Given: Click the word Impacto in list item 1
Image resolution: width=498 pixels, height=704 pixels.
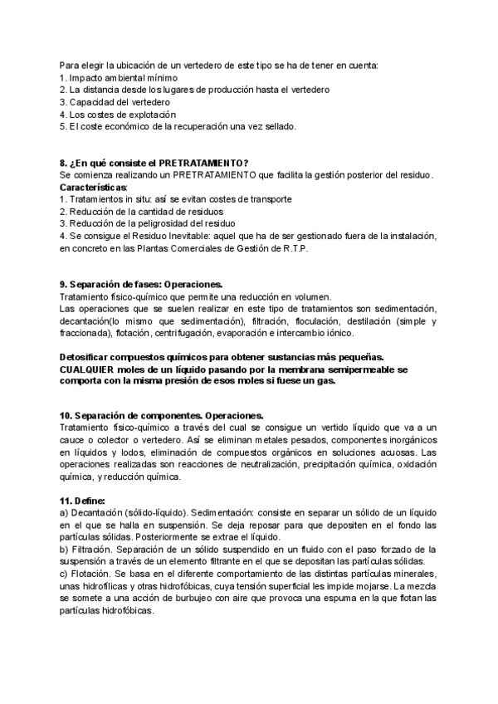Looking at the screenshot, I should pyautogui.click(x=85, y=77).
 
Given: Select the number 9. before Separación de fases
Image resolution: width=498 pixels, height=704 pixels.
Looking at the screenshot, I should pyautogui.click(x=65, y=284).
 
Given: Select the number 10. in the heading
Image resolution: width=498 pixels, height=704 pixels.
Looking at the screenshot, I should pyautogui.click(x=67, y=415).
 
